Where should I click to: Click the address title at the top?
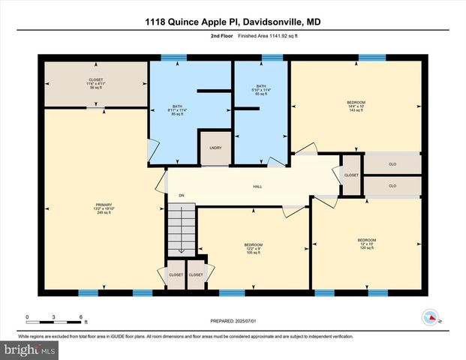[233, 22]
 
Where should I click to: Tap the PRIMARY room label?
[104, 207]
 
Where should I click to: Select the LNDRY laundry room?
[214, 148]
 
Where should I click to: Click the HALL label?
[257, 187]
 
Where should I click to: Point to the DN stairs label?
[181, 196]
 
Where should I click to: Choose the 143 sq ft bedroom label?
[356, 106]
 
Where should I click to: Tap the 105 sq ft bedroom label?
[253, 248]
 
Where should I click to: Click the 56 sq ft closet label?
[95, 82]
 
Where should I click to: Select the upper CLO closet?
[392, 163]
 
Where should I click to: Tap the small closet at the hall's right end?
[351, 175]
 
